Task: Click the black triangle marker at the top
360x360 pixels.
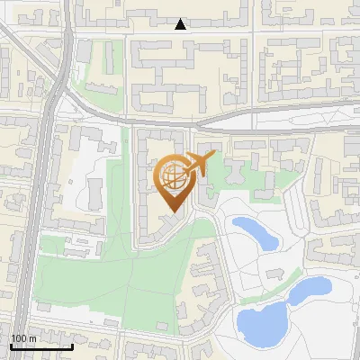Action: tap(181, 24)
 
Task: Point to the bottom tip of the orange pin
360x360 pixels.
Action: tap(171, 212)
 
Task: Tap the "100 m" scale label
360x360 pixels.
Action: tap(23, 338)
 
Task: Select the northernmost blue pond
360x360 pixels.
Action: tap(252, 231)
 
